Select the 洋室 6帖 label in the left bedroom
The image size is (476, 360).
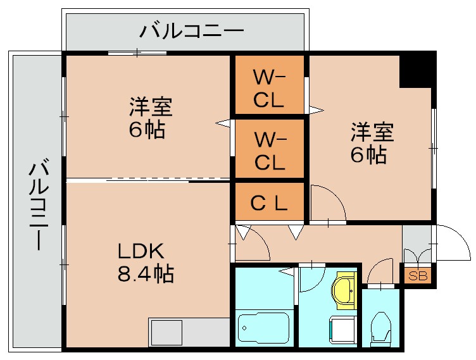point(149,118)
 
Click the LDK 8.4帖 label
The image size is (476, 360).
point(145,263)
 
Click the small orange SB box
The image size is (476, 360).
point(416,275)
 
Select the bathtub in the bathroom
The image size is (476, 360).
point(263,327)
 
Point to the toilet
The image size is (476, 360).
point(382,326)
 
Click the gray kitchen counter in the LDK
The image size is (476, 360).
point(189,331)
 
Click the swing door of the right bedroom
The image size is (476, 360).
point(327,204)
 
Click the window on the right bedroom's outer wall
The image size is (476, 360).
point(434,147)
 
